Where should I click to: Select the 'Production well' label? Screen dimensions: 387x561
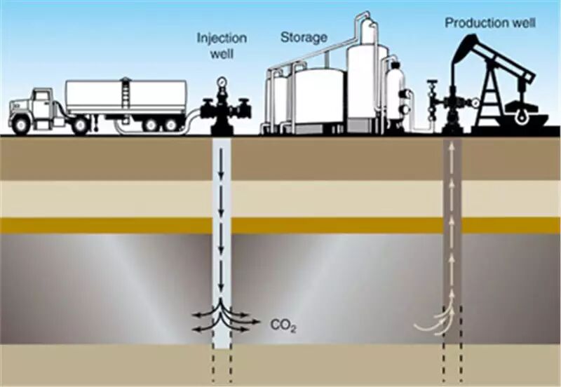pos(490,23)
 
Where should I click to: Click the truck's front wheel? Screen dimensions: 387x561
pos(21,125)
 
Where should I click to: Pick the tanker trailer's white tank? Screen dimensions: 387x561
pos(126,96)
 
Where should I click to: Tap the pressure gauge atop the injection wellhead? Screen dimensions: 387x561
pos(222,82)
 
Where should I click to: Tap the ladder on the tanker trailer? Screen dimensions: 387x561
pos(126,93)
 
